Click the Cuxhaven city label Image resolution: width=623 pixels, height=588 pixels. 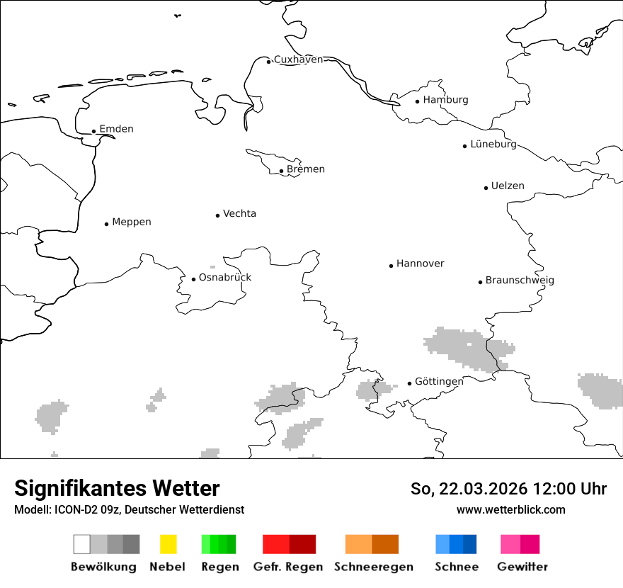298,60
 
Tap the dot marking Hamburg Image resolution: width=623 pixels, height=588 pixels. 417,101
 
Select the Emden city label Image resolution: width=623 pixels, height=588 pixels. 116,129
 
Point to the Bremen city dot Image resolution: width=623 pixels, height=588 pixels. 281,171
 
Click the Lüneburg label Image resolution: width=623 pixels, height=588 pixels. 493,144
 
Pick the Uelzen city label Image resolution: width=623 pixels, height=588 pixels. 508,186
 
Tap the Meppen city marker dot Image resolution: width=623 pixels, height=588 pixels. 106,224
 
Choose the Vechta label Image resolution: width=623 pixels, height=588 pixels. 239,213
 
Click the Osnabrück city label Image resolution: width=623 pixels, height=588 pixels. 225,277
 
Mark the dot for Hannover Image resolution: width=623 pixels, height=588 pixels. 391,266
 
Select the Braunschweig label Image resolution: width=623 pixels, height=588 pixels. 520,280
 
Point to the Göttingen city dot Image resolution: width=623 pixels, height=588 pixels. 409,383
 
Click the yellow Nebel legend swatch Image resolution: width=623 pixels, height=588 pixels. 168,544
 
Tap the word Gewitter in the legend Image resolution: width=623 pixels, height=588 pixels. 522,567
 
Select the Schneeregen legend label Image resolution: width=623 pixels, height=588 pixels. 374,567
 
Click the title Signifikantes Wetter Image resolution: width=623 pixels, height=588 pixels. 117,488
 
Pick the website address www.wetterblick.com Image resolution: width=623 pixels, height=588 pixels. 510,509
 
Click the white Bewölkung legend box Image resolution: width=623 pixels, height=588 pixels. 81,544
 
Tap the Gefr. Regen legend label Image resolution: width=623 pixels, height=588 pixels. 288,567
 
